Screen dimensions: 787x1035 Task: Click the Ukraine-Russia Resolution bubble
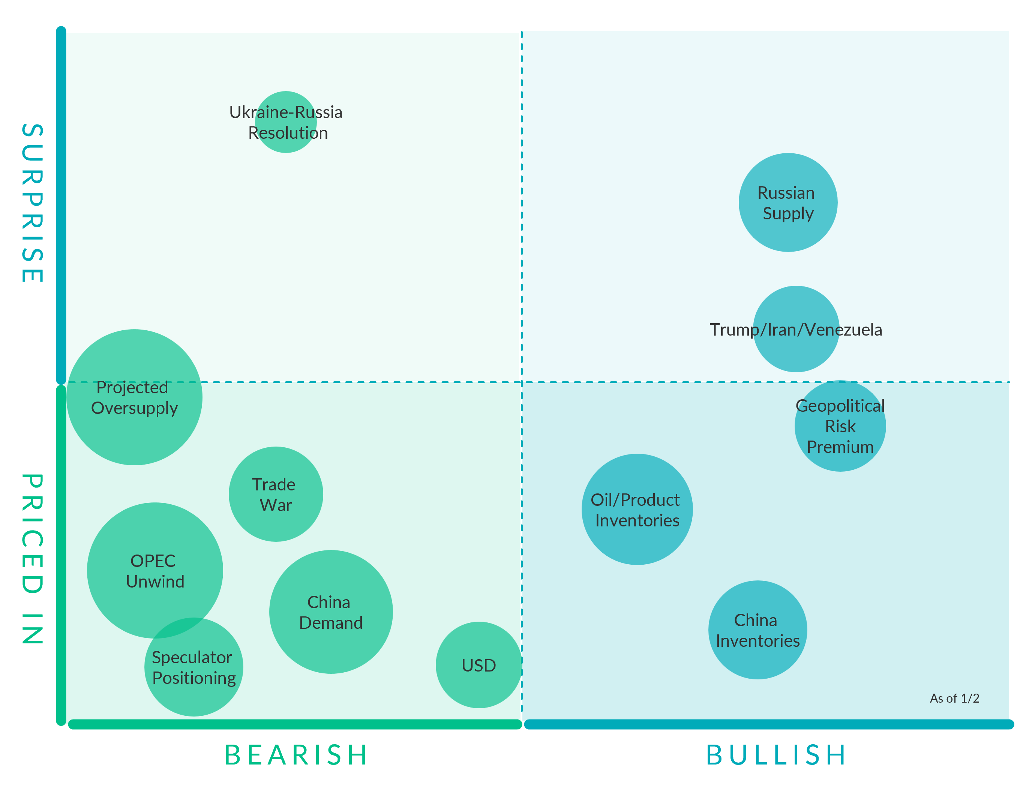point(286,122)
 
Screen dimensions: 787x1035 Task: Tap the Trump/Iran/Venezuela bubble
point(796,329)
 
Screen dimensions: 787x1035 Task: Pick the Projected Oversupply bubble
point(135,397)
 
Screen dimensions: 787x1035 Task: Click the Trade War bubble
point(276,494)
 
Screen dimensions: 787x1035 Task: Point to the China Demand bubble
point(331,612)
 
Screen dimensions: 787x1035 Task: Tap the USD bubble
point(478,665)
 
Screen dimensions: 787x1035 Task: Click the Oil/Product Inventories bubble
point(637,509)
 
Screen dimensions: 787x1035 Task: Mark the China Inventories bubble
point(757,630)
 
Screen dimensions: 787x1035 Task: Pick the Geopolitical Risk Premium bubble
point(840,426)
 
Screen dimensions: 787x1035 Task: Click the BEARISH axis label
point(296,755)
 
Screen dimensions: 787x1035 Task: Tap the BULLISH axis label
point(776,755)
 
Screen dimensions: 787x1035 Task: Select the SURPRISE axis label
point(33,203)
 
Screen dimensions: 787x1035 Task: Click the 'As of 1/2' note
point(954,699)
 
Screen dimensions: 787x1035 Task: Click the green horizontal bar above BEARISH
point(295,724)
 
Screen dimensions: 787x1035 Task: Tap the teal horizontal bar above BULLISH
point(768,724)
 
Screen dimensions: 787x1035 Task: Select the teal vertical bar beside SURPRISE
point(61,205)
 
